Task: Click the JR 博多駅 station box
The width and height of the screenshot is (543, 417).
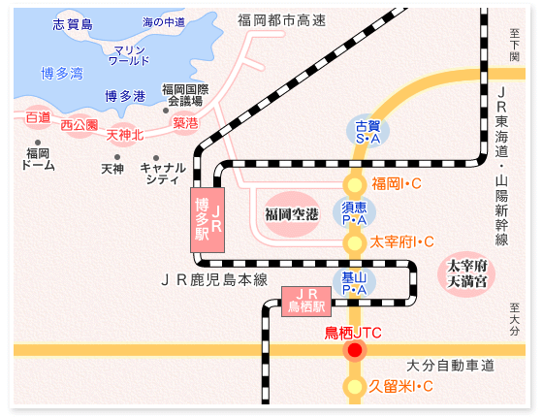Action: point(208,220)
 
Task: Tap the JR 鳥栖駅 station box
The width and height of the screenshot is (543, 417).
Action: point(306,302)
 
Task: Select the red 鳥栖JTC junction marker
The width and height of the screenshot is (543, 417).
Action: point(355,350)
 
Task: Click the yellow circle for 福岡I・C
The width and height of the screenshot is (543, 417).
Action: point(355,184)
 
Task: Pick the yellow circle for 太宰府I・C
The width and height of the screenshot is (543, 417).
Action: point(355,243)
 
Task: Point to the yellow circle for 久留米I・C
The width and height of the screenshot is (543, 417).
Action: point(355,387)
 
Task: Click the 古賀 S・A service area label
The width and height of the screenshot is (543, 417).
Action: point(367,132)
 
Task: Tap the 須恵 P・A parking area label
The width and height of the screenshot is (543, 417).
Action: point(354,213)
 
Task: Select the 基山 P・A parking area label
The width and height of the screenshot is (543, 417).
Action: point(354,283)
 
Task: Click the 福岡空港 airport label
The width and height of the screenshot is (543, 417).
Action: point(292,214)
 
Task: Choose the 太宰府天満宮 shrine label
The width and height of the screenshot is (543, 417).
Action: point(466,273)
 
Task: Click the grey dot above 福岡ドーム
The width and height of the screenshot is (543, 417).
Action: point(38,143)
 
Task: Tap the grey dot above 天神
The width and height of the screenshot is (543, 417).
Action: point(117,157)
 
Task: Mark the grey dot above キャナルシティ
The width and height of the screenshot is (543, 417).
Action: point(156,158)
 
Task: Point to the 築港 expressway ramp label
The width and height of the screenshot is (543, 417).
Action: point(185,123)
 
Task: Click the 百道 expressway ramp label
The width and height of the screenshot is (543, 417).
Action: point(38,117)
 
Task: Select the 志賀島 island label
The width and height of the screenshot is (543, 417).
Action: point(73,24)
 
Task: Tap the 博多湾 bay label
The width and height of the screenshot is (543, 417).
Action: point(62,74)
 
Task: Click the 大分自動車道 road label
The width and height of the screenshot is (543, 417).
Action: point(450,366)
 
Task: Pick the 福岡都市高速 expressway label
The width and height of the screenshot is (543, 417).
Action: point(281,20)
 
